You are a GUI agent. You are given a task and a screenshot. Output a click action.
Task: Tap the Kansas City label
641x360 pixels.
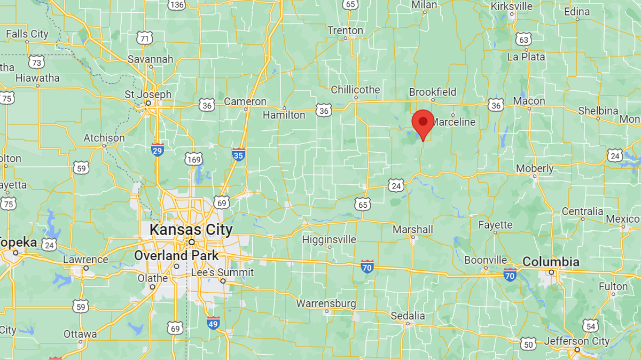[191, 230]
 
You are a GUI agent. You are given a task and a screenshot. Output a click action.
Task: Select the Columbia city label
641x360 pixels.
[551, 262]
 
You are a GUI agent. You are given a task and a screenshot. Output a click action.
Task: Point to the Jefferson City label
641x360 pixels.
[577, 341]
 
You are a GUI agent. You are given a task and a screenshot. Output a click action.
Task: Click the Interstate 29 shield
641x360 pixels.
[157, 150]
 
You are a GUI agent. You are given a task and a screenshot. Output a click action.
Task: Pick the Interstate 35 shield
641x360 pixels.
[239, 154]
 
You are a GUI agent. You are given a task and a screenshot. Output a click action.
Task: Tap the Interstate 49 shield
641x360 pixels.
[213, 323]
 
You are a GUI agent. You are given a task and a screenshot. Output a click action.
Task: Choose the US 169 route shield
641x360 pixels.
[194, 159]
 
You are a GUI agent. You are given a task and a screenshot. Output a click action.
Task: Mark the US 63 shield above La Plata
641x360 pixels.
[523, 39]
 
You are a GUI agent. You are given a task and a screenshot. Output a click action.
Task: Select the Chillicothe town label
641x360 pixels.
[355, 89]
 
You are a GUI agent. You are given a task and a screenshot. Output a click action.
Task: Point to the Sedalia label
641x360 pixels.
[408, 316]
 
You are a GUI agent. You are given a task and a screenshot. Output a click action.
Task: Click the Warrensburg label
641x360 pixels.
[326, 303]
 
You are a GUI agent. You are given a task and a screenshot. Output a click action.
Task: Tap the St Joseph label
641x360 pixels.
[148, 95]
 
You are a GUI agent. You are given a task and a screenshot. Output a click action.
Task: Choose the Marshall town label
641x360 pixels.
[413, 229]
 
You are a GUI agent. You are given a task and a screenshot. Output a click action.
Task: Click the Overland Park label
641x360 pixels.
[176, 255]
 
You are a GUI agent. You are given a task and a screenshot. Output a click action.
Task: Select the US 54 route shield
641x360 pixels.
[590, 326]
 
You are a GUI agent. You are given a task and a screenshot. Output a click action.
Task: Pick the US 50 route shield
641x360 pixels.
[528, 343]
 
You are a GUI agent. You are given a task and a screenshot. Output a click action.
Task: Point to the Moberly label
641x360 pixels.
[535, 168]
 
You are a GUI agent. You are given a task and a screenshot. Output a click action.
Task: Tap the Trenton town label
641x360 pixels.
[345, 30]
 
